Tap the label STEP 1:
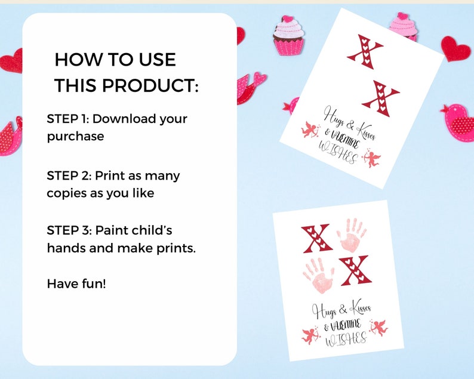(x=67, y=119)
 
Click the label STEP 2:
(x=69, y=176)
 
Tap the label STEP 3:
(x=69, y=230)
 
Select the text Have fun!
(x=76, y=284)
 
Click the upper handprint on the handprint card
(x=352, y=235)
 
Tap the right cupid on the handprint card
(x=378, y=327)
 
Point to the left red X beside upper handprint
(x=316, y=239)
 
